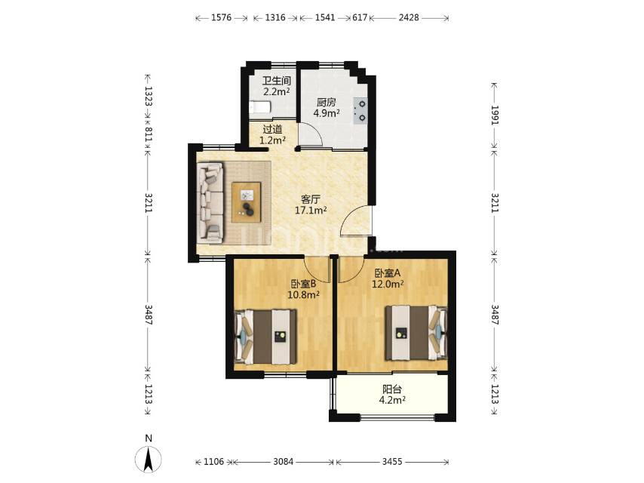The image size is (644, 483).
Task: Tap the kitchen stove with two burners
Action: click(360, 111)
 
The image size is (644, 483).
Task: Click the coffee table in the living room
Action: click(246, 202)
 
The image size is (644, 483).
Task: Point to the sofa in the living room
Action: click(210, 202)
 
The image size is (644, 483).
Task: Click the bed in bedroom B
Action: click(265, 337)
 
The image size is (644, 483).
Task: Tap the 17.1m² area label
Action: click(311, 211)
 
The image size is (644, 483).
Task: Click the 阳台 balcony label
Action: click(392, 389)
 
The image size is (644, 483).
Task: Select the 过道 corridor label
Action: click(272, 130)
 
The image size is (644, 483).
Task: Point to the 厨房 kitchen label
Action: click(326, 103)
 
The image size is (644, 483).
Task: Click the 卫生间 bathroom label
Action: click(277, 81)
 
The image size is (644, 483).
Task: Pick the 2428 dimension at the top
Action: click(409, 17)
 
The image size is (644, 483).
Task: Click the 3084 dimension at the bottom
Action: click(284, 462)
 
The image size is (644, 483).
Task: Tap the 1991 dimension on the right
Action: click(494, 115)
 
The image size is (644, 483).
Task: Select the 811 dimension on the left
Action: click(149, 134)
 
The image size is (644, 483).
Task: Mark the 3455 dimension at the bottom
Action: click(392, 462)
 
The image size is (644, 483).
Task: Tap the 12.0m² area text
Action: click(388, 284)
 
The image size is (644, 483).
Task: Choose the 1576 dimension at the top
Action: click(222, 17)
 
